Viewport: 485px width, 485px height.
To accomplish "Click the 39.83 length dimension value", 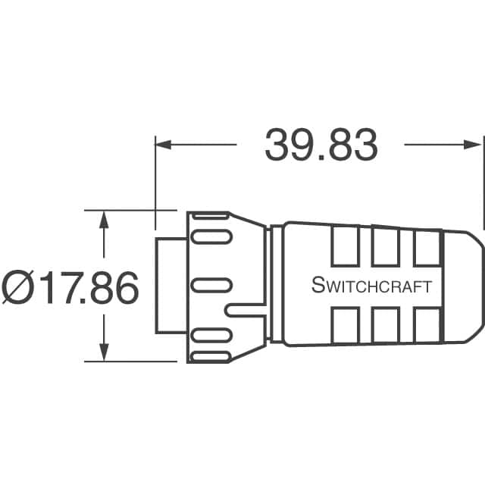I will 321,145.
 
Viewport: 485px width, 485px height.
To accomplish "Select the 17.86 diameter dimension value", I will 90,288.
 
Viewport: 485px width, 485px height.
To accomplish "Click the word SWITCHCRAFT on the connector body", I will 371,286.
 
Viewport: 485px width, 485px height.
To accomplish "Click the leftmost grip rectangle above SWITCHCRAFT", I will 344,247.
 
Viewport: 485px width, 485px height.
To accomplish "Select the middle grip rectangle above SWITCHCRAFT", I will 385,247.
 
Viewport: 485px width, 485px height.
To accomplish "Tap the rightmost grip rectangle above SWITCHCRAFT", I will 426,247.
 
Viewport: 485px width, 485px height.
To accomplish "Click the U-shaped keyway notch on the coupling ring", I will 244,310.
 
